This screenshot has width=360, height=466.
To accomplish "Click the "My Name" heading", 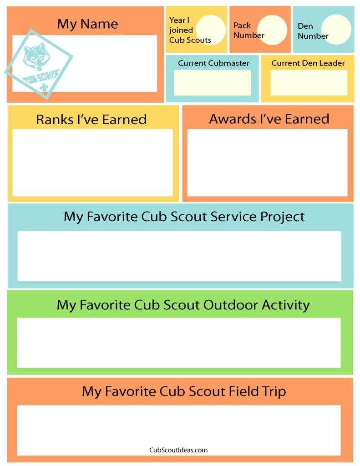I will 87,24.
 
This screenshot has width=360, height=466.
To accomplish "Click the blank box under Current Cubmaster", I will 212,83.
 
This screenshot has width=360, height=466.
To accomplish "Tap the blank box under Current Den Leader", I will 308,83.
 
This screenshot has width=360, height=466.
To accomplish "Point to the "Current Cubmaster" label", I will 213,63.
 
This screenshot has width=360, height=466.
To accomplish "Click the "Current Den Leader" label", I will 308,63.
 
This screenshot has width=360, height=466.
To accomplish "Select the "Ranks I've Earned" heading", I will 91,120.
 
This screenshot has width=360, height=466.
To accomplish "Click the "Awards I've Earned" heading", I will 269,119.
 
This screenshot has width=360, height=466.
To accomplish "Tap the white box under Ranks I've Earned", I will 92,162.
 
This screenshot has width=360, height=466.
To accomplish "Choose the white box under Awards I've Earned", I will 267,162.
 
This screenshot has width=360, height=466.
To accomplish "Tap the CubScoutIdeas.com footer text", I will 178,450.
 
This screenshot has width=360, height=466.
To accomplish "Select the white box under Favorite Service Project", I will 179,256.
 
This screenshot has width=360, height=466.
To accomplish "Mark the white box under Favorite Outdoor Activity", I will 178,342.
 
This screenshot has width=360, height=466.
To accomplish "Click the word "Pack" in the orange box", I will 242,26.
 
